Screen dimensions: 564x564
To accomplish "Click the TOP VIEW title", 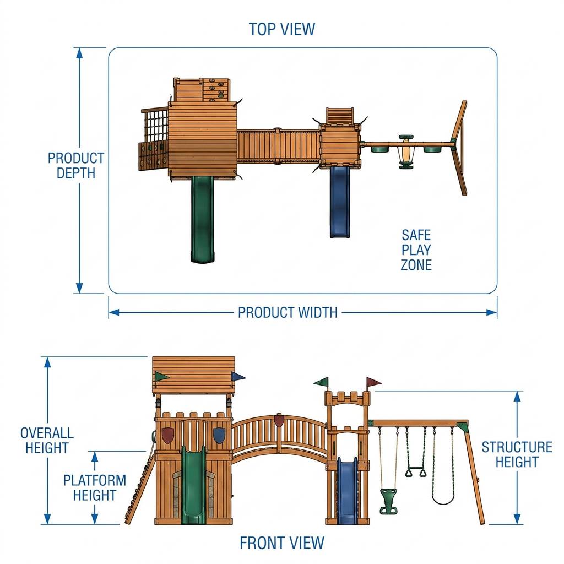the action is pyautogui.click(x=281, y=29).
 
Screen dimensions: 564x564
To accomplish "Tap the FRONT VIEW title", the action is pyautogui.click(x=282, y=543).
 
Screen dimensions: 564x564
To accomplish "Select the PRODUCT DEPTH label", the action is pyautogui.click(x=76, y=165).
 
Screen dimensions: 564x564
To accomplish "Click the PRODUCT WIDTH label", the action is pyautogui.click(x=288, y=313).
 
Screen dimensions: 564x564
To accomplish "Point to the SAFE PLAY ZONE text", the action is pyautogui.click(x=416, y=250).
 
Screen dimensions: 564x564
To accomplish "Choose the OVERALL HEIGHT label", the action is pyautogui.click(x=47, y=440).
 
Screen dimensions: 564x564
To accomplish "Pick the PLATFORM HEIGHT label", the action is pyautogui.click(x=95, y=488).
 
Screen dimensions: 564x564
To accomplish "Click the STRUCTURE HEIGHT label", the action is pyautogui.click(x=517, y=454).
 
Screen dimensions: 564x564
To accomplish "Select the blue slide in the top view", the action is pyautogui.click(x=340, y=202).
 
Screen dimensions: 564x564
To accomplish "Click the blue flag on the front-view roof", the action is pyautogui.click(x=238, y=377).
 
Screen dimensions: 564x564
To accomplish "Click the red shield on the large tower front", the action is pyautogui.click(x=167, y=435).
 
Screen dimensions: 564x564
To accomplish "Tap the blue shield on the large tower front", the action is pyautogui.click(x=219, y=435).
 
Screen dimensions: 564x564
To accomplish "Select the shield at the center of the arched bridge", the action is pyautogui.click(x=279, y=421).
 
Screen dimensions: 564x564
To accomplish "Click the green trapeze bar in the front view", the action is pyautogui.click(x=416, y=471).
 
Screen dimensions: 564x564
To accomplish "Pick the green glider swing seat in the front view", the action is pyautogui.click(x=388, y=501).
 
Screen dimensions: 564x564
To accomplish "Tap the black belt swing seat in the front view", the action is pyautogui.click(x=443, y=500).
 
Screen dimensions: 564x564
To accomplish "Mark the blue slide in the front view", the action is pyautogui.click(x=347, y=491).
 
